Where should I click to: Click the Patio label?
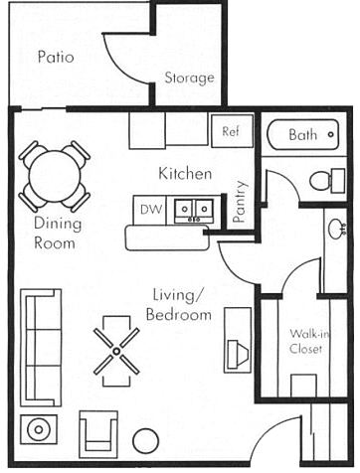pyautogui.click(x=56, y=57)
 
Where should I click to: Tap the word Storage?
pyautogui.click(x=190, y=78)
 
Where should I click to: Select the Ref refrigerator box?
pyautogui.click(x=232, y=131)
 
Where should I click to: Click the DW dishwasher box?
pyautogui.click(x=149, y=210)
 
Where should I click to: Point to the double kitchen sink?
pyautogui.click(x=194, y=210)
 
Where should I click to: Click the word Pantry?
pyautogui.click(x=241, y=202)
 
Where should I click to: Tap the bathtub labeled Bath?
pyautogui.click(x=302, y=135)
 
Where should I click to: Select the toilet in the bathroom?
pyautogui.click(x=327, y=181)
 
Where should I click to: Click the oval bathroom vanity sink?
pyautogui.click(x=335, y=228)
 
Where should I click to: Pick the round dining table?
pyautogui.click(x=55, y=176)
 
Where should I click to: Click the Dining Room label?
pyautogui.click(x=58, y=233)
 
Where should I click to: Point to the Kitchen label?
pyautogui.click(x=185, y=174)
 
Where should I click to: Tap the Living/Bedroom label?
pyautogui.click(x=178, y=305)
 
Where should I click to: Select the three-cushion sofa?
pyautogui.click(x=41, y=348)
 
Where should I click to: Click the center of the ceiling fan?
pyautogui.click(x=116, y=351)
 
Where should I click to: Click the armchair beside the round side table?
pyautogui.click(x=98, y=434)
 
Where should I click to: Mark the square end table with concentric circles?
pyautogui.click(x=39, y=429)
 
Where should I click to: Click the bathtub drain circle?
pyautogui.click(x=330, y=135)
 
